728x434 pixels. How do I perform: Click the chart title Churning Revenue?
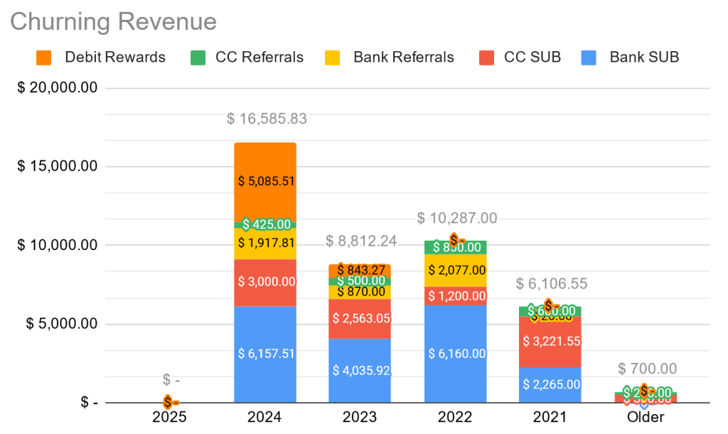click(113, 21)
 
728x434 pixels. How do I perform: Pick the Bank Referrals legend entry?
click(390, 57)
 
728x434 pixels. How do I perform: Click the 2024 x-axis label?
click(264, 417)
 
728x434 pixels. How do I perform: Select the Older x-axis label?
click(646, 417)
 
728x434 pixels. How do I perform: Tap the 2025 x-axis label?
click(169, 417)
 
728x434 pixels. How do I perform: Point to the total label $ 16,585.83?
click(267, 119)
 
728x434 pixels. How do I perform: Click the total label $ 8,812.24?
click(361, 241)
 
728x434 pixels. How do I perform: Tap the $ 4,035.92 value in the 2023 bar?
click(361, 370)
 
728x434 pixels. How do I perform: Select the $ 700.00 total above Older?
click(647, 369)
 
